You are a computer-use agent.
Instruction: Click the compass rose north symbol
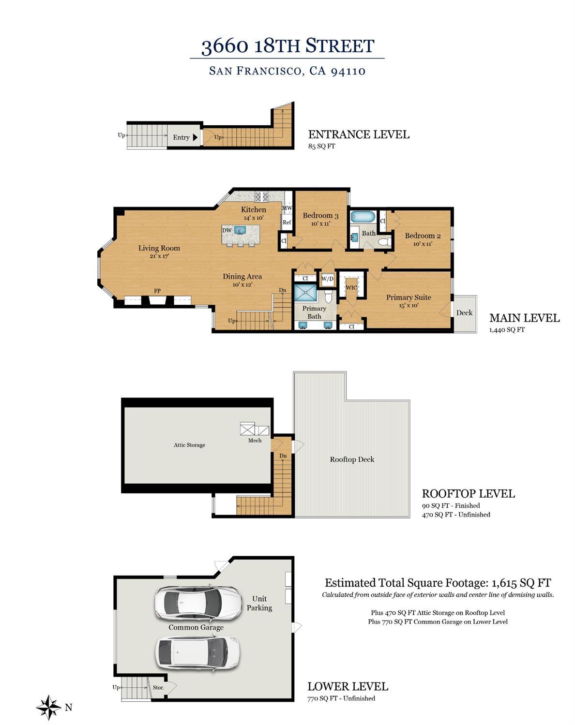click(48, 707)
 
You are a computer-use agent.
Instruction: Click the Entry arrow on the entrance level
click(195, 137)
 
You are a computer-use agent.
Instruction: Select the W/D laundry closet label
click(328, 279)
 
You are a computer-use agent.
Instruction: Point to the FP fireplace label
click(157, 291)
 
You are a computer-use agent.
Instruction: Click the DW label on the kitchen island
click(227, 230)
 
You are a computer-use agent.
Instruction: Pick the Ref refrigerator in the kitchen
click(287, 222)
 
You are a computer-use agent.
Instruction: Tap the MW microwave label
click(287, 208)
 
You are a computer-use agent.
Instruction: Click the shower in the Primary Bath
click(305, 293)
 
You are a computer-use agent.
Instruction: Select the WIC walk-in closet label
click(351, 288)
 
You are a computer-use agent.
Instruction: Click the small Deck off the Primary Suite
click(464, 313)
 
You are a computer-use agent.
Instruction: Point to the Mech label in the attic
click(255, 440)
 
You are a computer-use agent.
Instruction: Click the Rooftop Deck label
click(352, 459)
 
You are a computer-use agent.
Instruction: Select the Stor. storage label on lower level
click(158, 687)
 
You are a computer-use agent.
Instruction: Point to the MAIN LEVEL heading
click(524, 318)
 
